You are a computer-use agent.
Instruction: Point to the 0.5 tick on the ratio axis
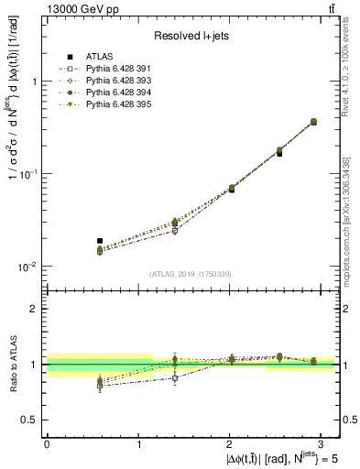[30, 420]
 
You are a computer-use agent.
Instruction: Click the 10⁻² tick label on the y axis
[26, 267]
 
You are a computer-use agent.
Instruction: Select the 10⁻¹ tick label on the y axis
[26, 174]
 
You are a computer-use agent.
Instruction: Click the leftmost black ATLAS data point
[74, 241]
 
